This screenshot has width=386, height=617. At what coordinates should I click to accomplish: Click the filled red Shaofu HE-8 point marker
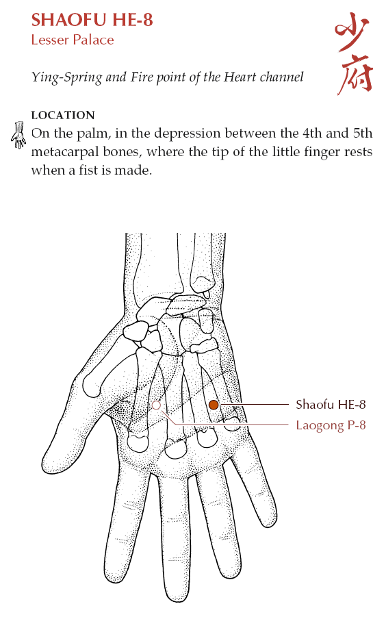(214, 405)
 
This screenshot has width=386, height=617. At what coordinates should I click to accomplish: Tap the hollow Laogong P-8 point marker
(156, 405)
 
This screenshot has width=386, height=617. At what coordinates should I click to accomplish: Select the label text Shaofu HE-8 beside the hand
(331, 405)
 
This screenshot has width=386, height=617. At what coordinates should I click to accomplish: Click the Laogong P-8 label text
(331, 425)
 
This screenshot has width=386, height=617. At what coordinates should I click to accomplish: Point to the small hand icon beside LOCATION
(18, 136)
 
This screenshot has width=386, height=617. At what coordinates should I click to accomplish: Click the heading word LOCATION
(63, 115)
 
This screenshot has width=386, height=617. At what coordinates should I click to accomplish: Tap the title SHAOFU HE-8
(92, 20)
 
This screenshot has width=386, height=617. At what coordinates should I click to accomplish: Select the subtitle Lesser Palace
(73, 40)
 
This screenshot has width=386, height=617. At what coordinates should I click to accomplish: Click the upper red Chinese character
(352, 31)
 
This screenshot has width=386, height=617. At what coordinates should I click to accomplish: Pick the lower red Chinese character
(355, 75)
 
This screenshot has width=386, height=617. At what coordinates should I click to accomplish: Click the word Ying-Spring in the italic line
(66, 77)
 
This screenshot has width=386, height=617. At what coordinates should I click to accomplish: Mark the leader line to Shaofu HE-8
(254, 404)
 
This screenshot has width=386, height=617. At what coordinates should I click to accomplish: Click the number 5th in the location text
(363, 133)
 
